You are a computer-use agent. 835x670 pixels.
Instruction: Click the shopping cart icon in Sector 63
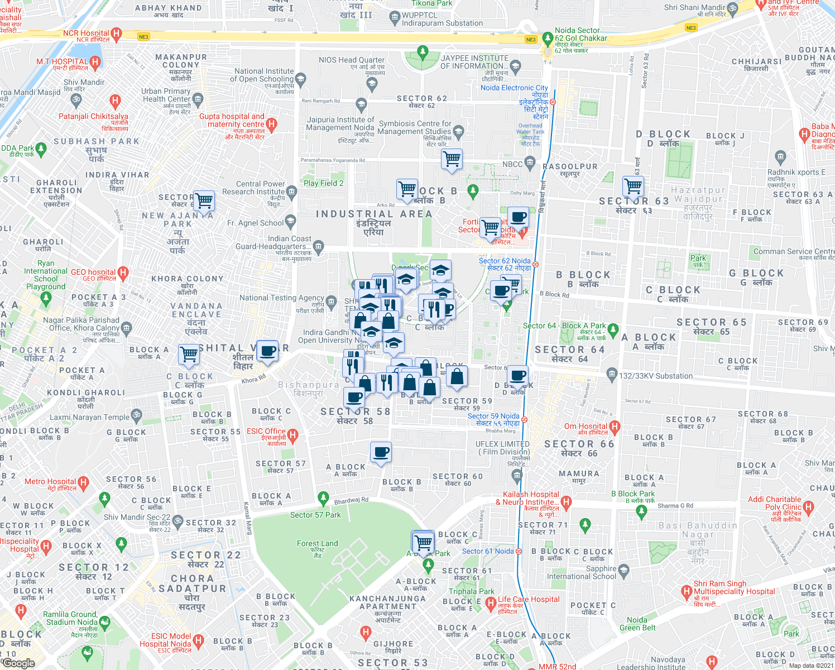(x=633, y=185)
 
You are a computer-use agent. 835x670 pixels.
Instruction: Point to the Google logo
(x=18, y=663)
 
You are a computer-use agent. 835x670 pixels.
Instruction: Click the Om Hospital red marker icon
(x=615, y=428)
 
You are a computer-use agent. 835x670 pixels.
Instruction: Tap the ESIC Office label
(x=266, y=431)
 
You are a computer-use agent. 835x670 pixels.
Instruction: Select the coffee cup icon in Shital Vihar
(x=267, y=351)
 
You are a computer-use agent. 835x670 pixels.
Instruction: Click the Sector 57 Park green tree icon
(x=323, y=497)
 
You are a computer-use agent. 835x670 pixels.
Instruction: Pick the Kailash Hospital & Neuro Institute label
(x=530, y=498)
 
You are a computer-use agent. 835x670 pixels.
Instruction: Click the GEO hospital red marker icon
(x=123, y=273)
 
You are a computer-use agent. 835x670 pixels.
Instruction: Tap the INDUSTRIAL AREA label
(x=374, y=214)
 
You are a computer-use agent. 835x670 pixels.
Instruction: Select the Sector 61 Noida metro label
(x=488, y=551)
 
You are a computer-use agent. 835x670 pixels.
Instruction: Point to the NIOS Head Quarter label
(x=352, y=60)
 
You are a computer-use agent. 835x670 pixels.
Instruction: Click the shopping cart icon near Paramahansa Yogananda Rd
(x=452, y=159)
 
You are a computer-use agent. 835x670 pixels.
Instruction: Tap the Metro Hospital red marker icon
(x=83, y=482)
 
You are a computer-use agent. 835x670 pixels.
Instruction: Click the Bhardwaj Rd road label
(x=351, y=501)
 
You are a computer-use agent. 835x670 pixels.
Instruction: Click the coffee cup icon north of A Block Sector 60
(x=381, y=452)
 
